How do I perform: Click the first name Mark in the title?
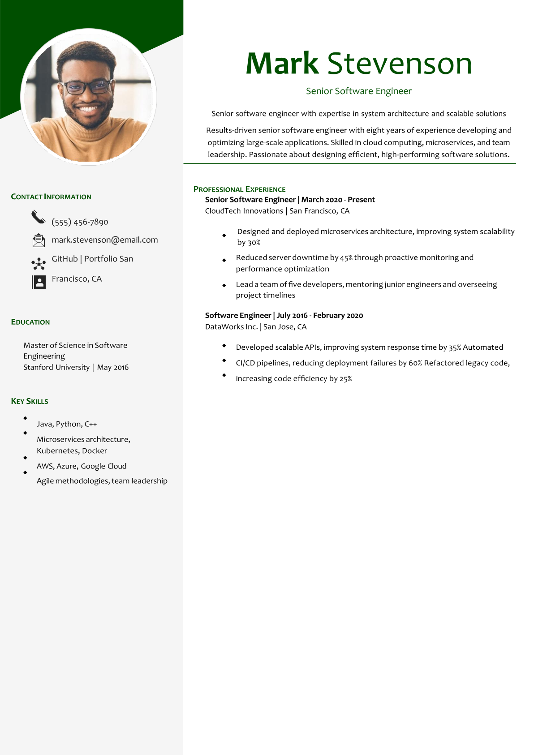pyautogui.click(x=282, y=64)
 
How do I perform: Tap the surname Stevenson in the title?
pyautogui.click(x=400, y=64)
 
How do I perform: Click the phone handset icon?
pyautogui.click(x=39, y=217)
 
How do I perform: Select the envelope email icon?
pyautogui.click(x=39, y=240)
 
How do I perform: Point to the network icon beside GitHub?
pyautogui.click(x=39, y=263)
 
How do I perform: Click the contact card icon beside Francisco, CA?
pyautogui.click(x=39, y=282)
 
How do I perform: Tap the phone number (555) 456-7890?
pyautogui.click(x=80, y=222)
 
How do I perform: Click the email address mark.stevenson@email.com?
pyautogui.click(x=105, y=240)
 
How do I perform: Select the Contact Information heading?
pyautogui.click(x=51, y=197)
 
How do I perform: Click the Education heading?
pyautogui.click(x=30, y=322)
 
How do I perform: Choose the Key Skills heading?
pyautogui.click(x=30, y=401)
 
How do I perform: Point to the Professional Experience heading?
pyautogui.click(x=239, y=189)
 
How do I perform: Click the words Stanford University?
pyautogui.click(x=56, y=367)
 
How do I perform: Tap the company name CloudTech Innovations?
pyautogui.click(x=244, y=211)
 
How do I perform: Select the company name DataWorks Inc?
pyautogui.click(x=231, y=327)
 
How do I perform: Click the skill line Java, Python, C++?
pyautogui.click(x=67, y=424)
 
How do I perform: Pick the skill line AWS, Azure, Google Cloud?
pyautogui.click(x=82, y=466)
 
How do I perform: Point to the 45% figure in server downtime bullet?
pyautogui.click(x=346, y=258)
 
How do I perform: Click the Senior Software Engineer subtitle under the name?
pyautogui.click(x=358, y=91)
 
